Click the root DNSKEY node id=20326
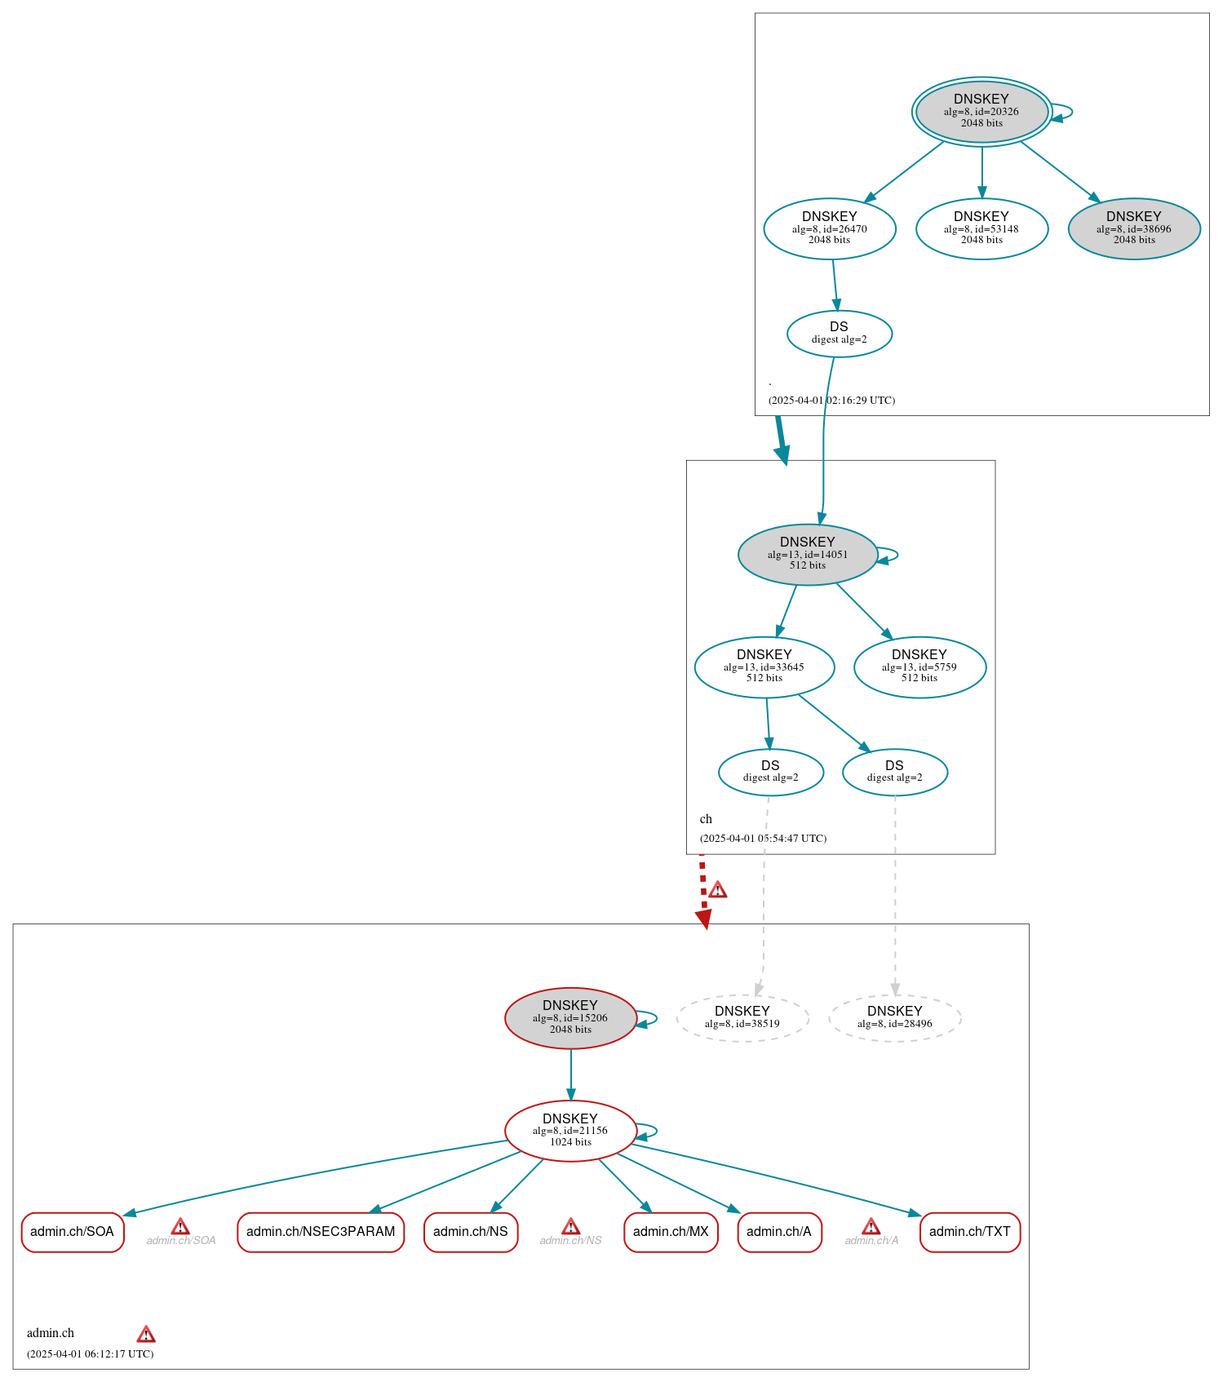(x=982, y=112)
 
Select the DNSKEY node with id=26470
(x=829, y=228)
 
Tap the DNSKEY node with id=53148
(x=982, y=228)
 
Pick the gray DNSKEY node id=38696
(x=1133, y=228)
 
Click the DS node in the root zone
(x=839, y=333)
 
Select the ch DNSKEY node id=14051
(x=807, y=554)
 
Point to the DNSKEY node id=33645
(x=764, y=667)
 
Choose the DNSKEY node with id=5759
(x=919, y=667)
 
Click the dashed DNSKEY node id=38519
(x=742, y=1017)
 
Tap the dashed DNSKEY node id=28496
(x=894, y=1017)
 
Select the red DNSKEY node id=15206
(x=570, y=1017)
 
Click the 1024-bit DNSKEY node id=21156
(x=570, y=1130)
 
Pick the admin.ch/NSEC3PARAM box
(x=321, y=1232)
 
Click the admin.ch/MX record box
(x=671, y=1232)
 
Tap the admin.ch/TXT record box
(x=969, y=1232)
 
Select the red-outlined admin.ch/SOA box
(x=73, y=1232)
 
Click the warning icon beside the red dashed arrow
(x=717, y=890)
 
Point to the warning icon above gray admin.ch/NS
(x=570, y=1227)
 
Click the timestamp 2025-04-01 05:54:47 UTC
(x=763, y=839)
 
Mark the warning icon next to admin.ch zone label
(x=146, y=1335)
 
